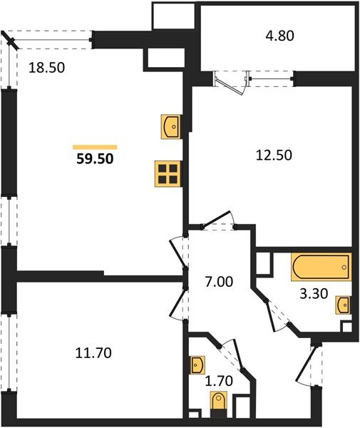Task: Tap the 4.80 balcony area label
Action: click(279, 33)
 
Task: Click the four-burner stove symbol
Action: click(168, 173)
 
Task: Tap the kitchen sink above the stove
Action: click(171, 126)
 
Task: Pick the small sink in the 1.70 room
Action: click(197, 365)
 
